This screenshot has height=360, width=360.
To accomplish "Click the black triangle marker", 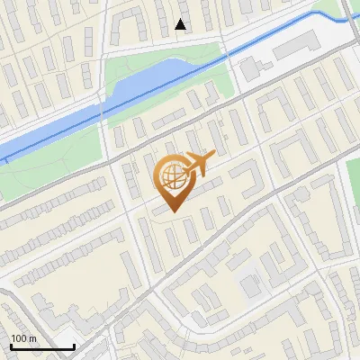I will click(x=181, y=24).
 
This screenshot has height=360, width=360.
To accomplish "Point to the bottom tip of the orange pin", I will click(x=174, y=211).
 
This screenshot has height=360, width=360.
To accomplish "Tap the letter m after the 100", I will click(x=33, y=338).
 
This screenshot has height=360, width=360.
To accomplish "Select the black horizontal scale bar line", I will click(x=41, y=346).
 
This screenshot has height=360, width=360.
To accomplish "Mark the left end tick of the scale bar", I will click(x=10, y=345).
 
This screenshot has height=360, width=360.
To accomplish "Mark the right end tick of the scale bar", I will click(x=74, y=345).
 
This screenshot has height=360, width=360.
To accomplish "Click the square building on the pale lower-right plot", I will click(x=250, y=286).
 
